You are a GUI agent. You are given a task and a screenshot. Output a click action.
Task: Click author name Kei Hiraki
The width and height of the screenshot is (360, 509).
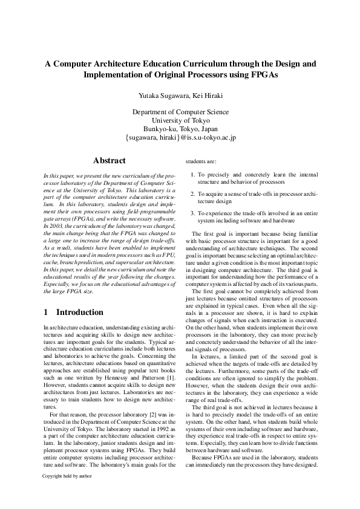206,96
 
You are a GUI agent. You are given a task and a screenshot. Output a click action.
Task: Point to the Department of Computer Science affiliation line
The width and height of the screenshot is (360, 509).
180,112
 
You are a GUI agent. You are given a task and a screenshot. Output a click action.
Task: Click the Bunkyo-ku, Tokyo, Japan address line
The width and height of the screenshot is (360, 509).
180,129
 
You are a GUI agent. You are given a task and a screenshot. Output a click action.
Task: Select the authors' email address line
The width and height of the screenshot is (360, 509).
180,138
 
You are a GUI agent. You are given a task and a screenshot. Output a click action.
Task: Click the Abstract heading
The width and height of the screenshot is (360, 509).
110,161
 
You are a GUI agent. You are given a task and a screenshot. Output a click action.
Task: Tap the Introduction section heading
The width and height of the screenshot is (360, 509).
80,313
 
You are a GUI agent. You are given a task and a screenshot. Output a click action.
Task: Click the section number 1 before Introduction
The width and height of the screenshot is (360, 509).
47,313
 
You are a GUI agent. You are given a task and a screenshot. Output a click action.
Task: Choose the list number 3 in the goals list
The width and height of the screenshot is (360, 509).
192,213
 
